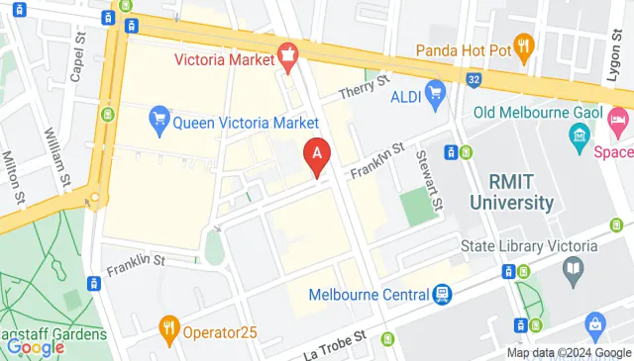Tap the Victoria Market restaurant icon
point(289,58)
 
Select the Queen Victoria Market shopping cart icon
point(158,122)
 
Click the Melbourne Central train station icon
point(442,294)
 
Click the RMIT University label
point(521,192)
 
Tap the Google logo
point(35,346)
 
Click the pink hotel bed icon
point(619,123)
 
